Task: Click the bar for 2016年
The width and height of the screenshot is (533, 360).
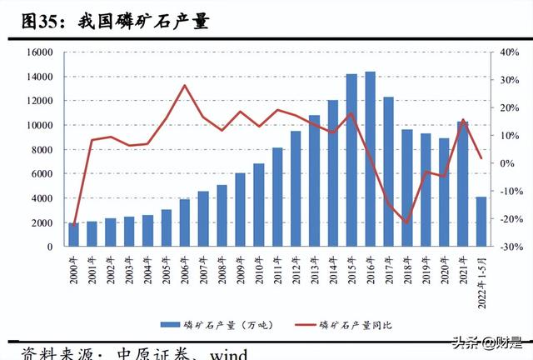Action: [x=370, y=159]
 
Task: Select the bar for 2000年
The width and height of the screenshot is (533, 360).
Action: [x=74, y=235]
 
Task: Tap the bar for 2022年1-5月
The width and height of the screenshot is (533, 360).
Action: [x=481, y=222]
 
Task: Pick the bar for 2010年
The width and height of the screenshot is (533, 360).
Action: [x=259, y=205]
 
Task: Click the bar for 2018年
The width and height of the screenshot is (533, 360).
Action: [x=407, y=188]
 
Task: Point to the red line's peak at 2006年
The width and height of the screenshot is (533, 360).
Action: [x=185, y=86]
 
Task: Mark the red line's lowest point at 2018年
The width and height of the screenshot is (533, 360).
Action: [x=407, y=222]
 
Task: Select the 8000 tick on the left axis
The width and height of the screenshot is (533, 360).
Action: [x=44, y=150]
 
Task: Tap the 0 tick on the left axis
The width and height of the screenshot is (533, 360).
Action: [x=52, y=247]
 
